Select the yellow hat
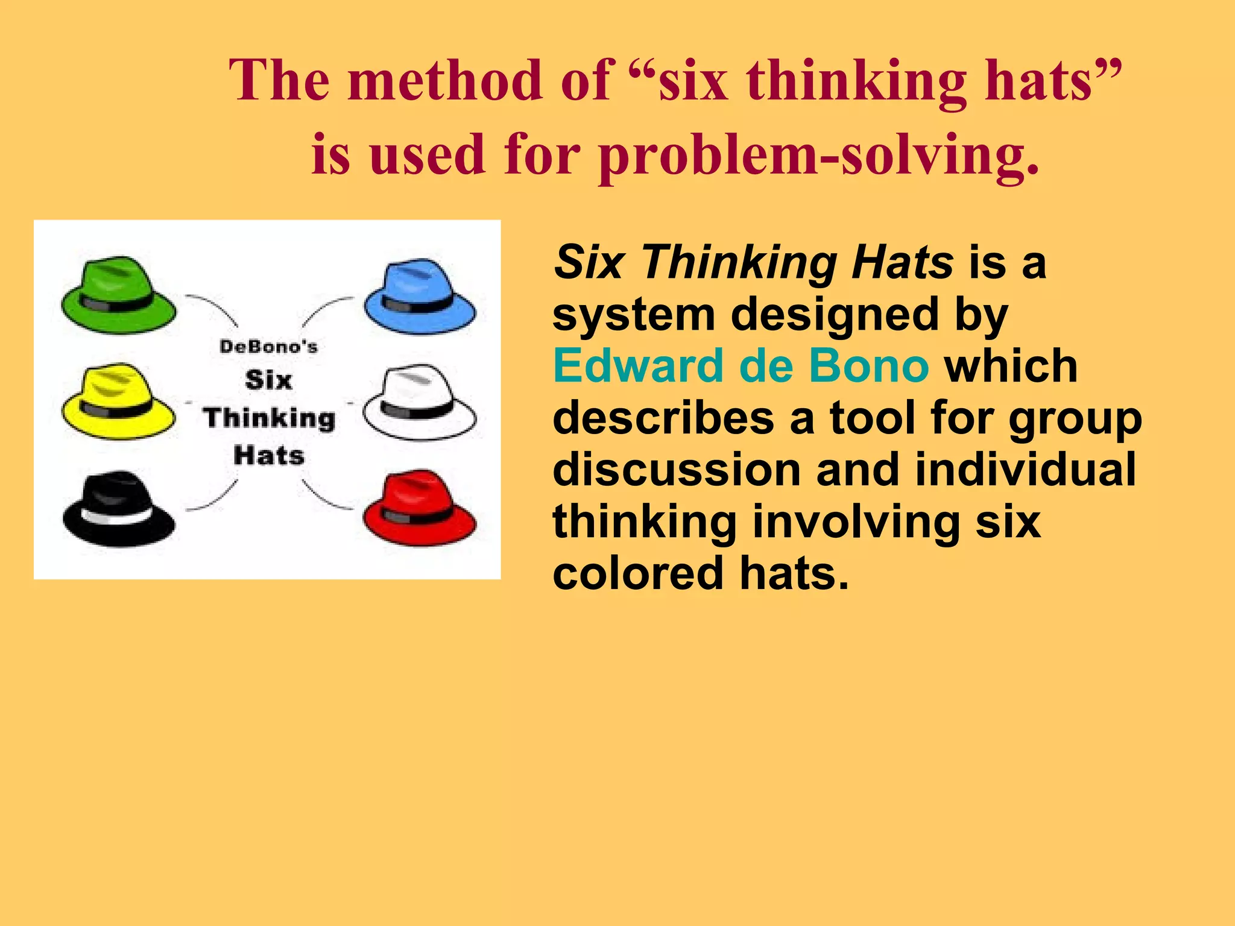pyautogui.click(x=118, y=402)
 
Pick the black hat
pyautogui.click(x=118, y=510)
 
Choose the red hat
pyautogui.click(x=420, y=509)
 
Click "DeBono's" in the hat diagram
pyautogui.click(x=268, y=347)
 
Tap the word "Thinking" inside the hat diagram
pyautogui.click(x=269, y=418)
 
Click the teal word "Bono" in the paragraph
pyautogui.click(x=868, y=366)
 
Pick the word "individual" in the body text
pyautogui.click(x=1025, y=470)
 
